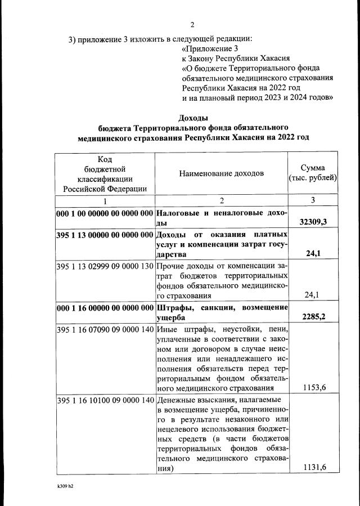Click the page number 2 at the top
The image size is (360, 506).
[192, 25]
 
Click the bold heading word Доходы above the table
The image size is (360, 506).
[193, 118]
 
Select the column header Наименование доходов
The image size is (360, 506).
[221, 173]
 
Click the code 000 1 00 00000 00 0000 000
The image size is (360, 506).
[105, 214]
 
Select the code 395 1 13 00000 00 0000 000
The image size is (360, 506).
[105, 235]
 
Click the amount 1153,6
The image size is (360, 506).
[314, 388]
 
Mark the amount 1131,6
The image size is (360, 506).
[314, 468]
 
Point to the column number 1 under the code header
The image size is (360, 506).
[104, 201]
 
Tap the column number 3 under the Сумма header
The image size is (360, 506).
[313, 201]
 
